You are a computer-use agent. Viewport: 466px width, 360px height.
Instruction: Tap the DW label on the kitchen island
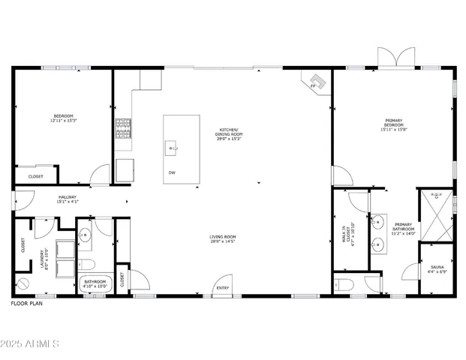tap(172, 172)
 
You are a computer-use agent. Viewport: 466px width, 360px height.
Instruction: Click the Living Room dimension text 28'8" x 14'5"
tap(223, 241)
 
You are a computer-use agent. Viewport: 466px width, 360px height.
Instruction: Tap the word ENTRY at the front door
tap(222, 288)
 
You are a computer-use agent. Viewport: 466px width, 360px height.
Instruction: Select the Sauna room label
tap(437, 269)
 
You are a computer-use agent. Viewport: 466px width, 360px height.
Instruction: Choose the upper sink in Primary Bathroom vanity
tap(377, 222)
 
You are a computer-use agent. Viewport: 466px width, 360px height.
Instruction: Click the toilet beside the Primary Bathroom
tap(344, 284)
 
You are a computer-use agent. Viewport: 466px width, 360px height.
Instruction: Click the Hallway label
tap(68, 199)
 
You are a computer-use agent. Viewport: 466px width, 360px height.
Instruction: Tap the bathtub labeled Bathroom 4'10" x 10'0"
tap(96, 284)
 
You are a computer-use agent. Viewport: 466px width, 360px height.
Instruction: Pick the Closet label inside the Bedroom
tap(35, 176)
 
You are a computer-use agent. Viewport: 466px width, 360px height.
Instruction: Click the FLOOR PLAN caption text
tap(28, 304)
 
